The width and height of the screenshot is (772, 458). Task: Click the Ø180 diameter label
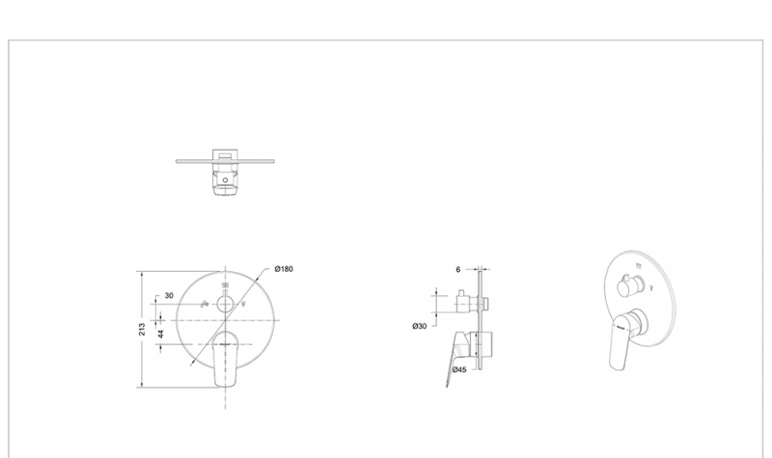[x=284, y=269]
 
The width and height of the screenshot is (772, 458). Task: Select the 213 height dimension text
[x=142, y=329]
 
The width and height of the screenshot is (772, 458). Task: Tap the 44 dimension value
[x=160, y=334]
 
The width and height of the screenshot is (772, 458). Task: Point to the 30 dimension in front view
[x=169, y=296]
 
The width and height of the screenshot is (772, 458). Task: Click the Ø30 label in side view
[x=420, y=326]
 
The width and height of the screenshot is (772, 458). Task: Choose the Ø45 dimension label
[x=459, y=369]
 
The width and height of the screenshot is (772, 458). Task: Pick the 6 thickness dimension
[x=457, y=270]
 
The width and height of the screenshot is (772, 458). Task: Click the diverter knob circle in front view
[x=225, y=305]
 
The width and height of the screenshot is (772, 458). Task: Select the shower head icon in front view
[x=225, y=285]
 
